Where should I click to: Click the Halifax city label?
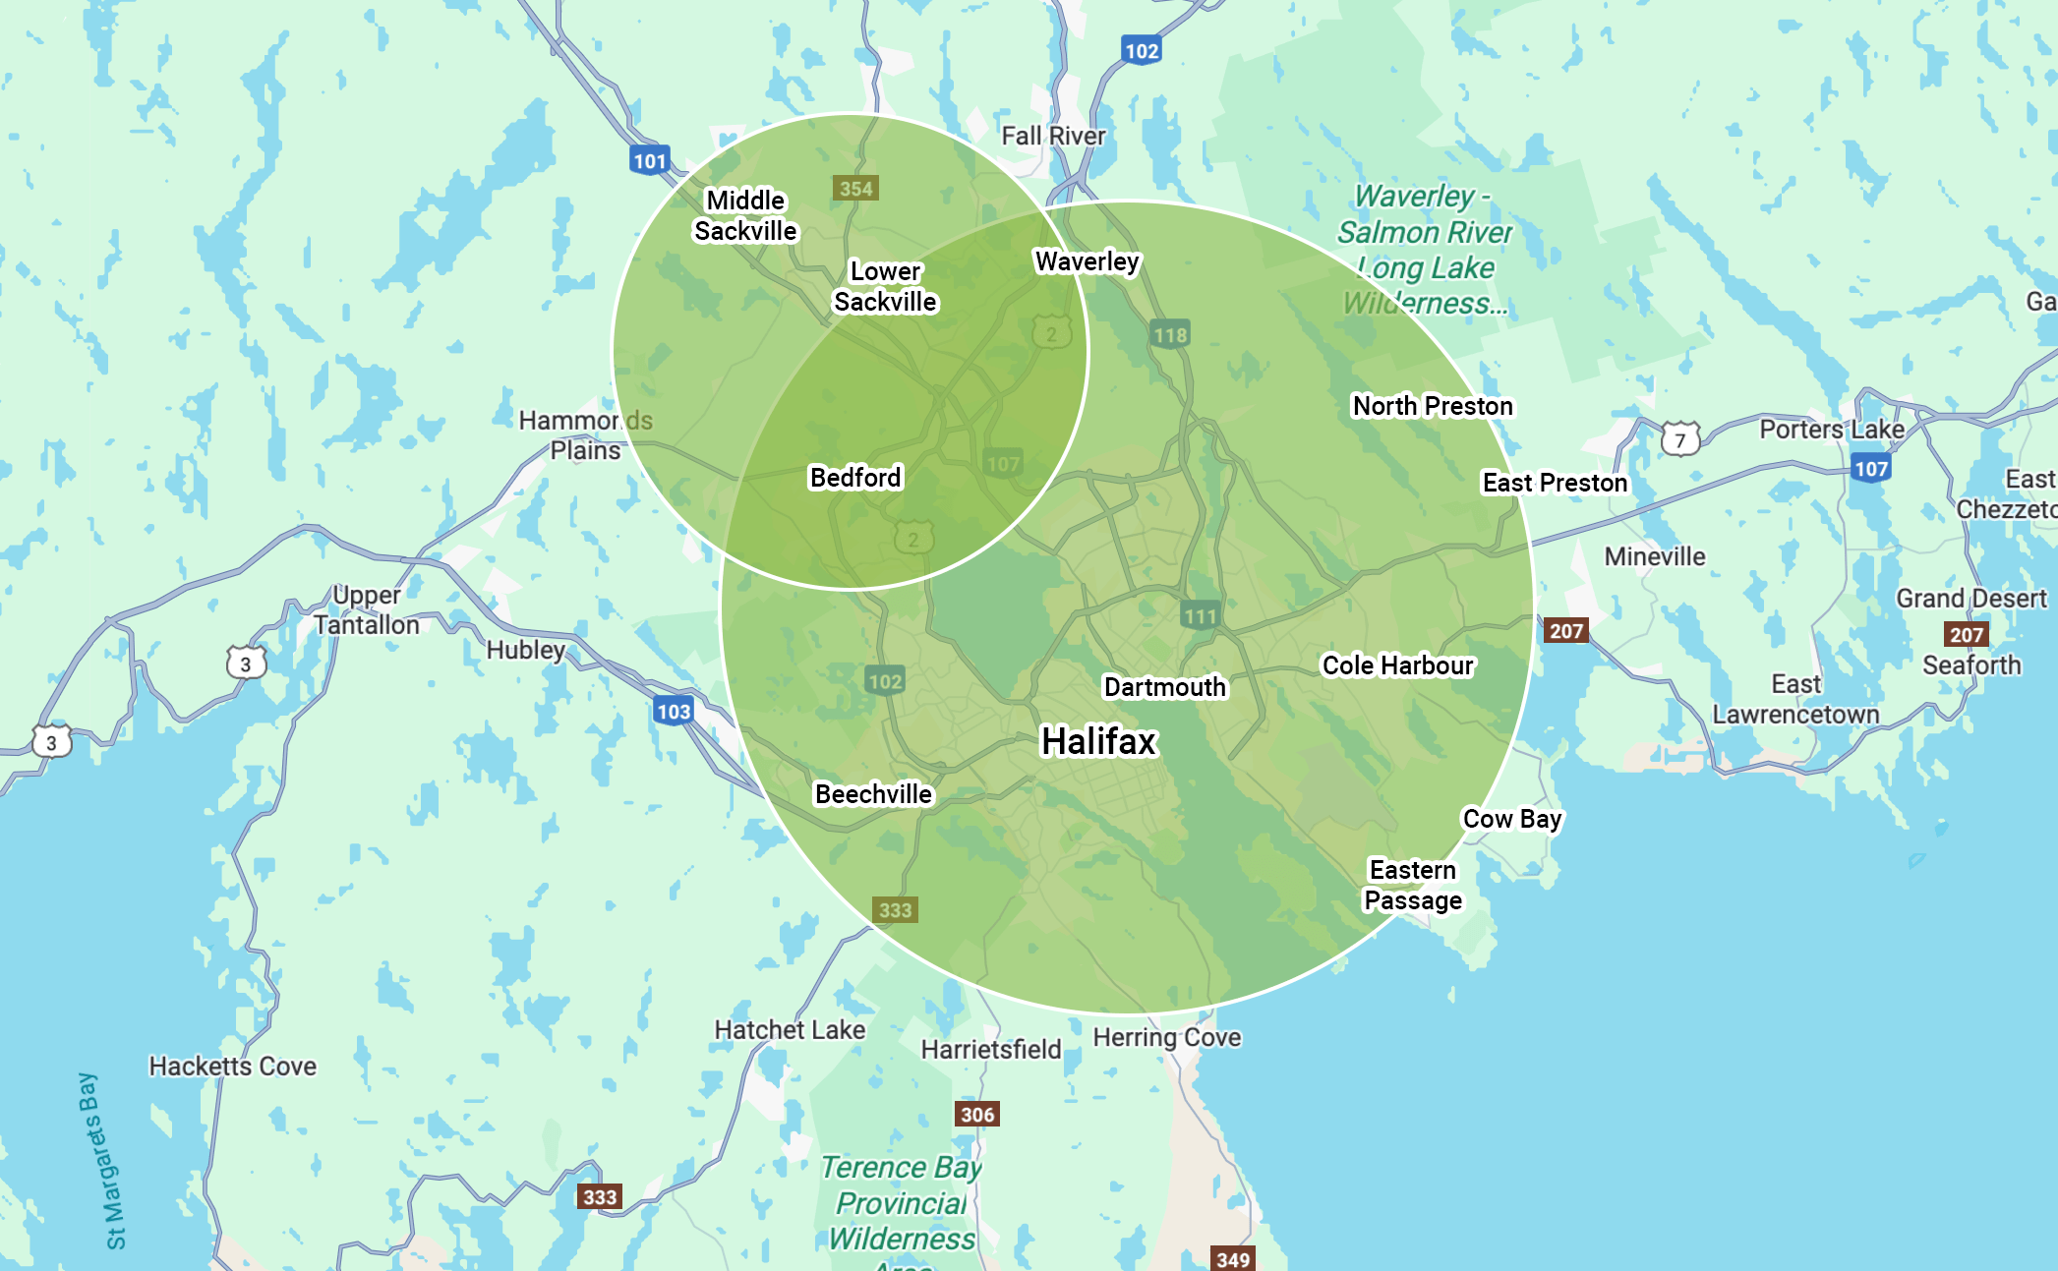[1098, 741]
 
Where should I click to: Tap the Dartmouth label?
[1164, 687]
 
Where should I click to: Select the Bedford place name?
[854, 478]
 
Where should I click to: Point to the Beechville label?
[873, 794]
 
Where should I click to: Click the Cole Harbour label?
[1397, 665]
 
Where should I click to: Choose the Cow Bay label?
[1511, 819]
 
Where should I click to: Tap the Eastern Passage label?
[1412, 886]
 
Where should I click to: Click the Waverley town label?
[1087, 261]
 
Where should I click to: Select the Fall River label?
[1053, 136]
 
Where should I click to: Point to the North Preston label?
[1433, 406]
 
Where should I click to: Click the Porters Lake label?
[1831, 430]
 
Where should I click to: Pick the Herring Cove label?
[1166, 1037]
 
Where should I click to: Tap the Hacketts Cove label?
[232, 1067]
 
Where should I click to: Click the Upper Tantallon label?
[367, 610]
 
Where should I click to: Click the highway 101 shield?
[649, 160]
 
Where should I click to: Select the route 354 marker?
[855, 188]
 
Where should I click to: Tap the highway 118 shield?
[1169, 334]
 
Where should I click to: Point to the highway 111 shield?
[1200, 616]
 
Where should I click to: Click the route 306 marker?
[976, 1114]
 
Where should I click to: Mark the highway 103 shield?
[674, 711]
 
